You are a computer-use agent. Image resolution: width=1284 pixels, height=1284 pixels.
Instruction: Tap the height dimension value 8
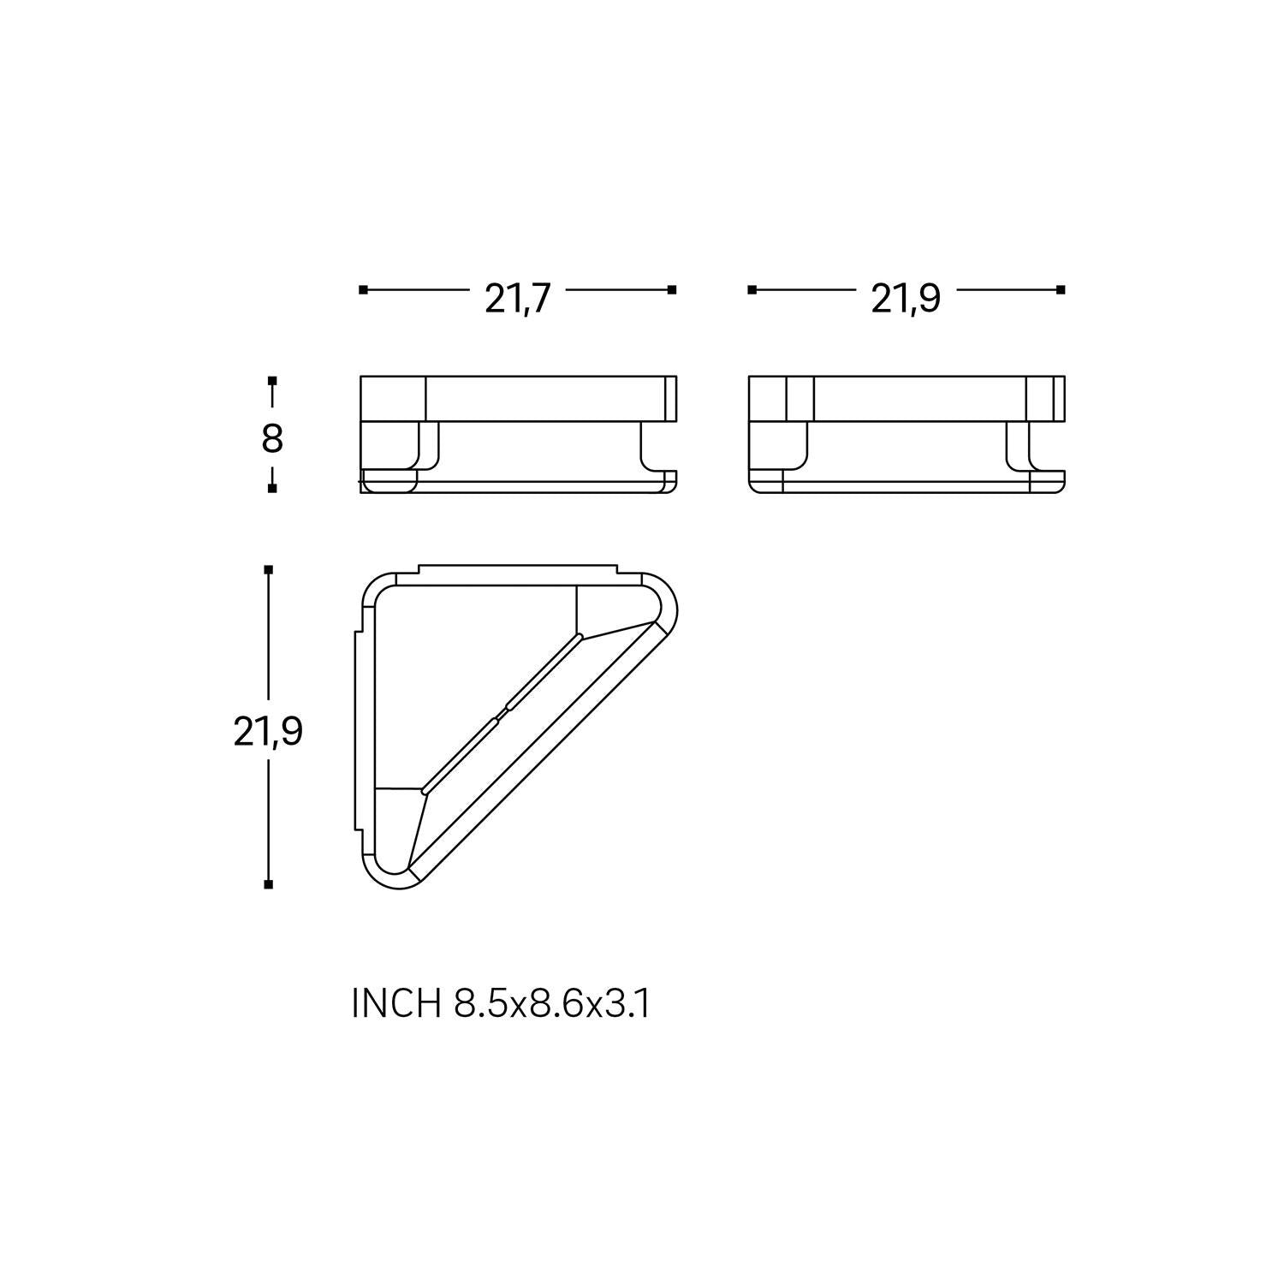point(271,439)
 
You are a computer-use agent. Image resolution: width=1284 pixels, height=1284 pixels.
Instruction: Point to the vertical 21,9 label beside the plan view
point(268,733)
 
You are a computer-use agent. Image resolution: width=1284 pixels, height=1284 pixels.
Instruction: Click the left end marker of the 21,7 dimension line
point(363,290)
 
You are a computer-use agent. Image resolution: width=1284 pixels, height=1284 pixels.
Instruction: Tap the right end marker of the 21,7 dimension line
point(672,290)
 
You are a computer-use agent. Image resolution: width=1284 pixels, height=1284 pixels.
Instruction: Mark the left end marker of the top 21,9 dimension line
point(752,290)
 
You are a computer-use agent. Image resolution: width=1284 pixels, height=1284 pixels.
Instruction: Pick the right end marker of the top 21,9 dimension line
point(1061,290)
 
